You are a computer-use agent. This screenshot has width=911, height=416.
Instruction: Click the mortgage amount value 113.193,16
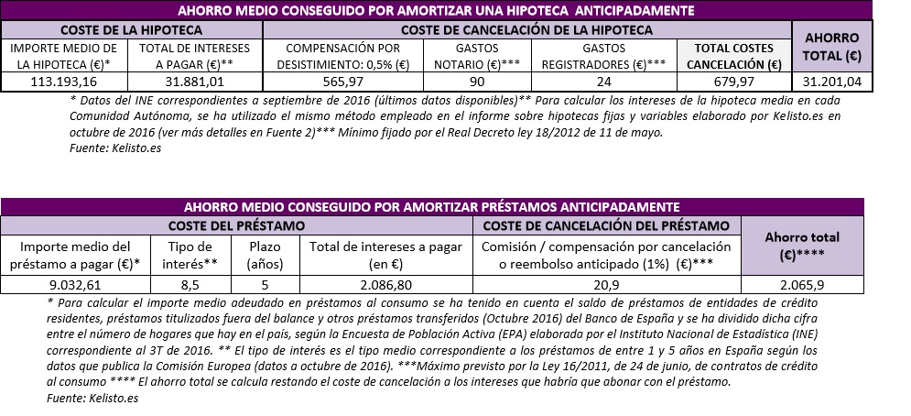(x=65, y=82)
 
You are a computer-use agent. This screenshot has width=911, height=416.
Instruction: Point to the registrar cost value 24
(x=603, y=82)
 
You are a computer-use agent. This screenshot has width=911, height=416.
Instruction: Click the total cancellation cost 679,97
(x=733, y=82)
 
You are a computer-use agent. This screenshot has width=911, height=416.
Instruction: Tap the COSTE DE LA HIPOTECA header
(x=131, y=29)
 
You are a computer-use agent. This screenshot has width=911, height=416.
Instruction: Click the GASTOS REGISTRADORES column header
(x=603, y=56)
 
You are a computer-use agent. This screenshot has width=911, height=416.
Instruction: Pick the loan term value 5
(x=264, y=285)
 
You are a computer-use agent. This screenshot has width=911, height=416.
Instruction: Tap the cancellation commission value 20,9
(x=605, y=285)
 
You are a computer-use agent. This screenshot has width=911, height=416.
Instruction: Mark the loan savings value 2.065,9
(x=801, y=285)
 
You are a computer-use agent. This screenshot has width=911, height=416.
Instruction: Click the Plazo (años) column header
(x=264, y=255)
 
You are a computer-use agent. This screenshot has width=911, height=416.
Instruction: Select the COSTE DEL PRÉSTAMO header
(x=237, y=224)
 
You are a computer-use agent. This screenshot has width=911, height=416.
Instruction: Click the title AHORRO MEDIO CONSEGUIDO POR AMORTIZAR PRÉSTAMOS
(x=431, y=206)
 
